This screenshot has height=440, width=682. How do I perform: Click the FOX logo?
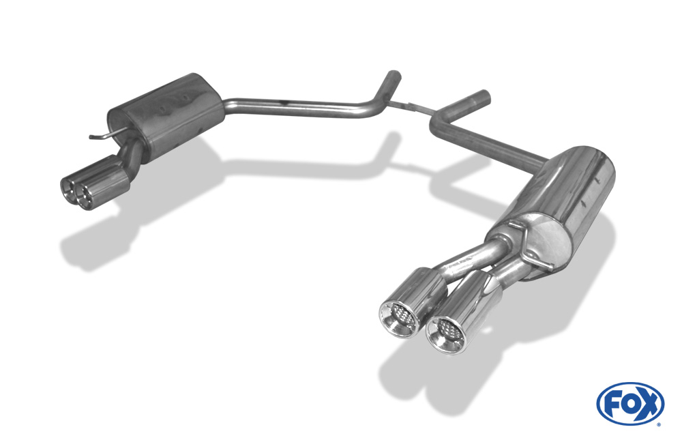point(631,404)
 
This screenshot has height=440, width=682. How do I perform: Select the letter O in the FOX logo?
point(630,405)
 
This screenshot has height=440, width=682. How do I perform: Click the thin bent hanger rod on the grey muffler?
point(108,134)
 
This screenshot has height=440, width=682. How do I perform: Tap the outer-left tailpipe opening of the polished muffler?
point(399,320)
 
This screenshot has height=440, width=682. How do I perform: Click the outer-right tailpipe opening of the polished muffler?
point(446,335)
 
